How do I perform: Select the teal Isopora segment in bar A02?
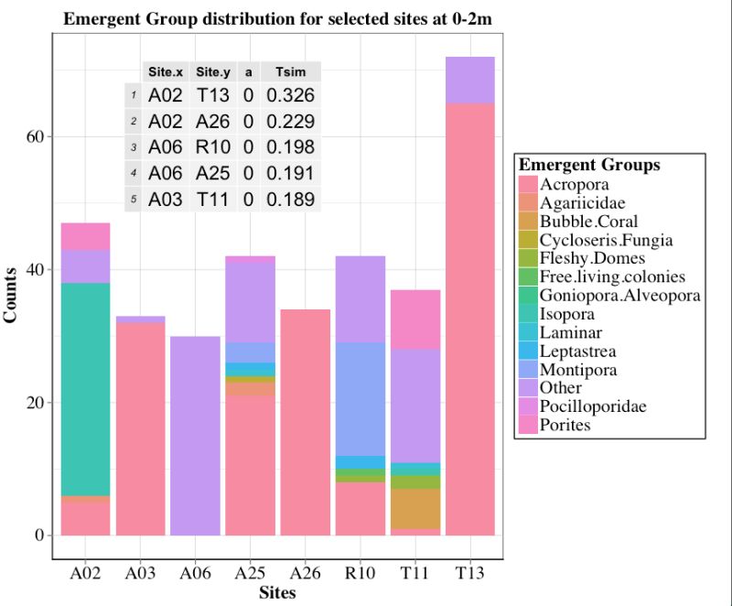click(85, 388)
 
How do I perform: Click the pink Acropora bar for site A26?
click(305, 421)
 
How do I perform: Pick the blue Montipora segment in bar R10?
click(360, 398)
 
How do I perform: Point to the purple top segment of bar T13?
click(469, 80)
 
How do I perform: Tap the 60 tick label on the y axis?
click(36, 136)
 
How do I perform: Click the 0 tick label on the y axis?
click(40, 536)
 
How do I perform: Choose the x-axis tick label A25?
click(250, 573)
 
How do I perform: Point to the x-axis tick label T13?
click(469, 573)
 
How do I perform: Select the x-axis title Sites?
click(277, 592)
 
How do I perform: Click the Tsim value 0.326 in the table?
click(290, 95)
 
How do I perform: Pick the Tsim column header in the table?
click(290, 72)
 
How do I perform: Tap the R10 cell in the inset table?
click(212, 147)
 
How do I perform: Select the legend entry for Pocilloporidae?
click(592, 406)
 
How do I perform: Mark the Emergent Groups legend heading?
click(589, 166)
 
